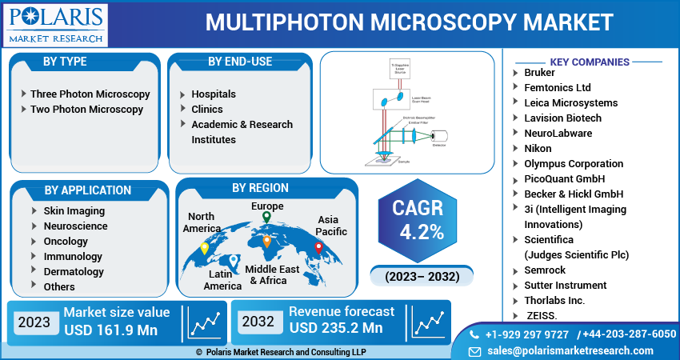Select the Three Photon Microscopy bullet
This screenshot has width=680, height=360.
coord(90,94)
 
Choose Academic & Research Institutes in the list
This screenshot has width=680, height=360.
coord(242,131)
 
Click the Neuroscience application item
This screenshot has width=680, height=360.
coord(75,226)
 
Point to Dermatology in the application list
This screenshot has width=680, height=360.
coord(74,272)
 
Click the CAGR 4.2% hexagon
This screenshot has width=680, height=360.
coord(418,220)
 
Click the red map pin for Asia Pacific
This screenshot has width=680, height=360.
coord(318,247)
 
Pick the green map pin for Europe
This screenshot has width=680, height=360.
coord(266,217)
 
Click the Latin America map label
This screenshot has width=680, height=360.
coord(222,280)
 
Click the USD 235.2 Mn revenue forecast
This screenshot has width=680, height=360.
coord(336,328)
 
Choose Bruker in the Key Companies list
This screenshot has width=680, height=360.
coord(539,73)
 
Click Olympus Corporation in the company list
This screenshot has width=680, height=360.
coord(573,164)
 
